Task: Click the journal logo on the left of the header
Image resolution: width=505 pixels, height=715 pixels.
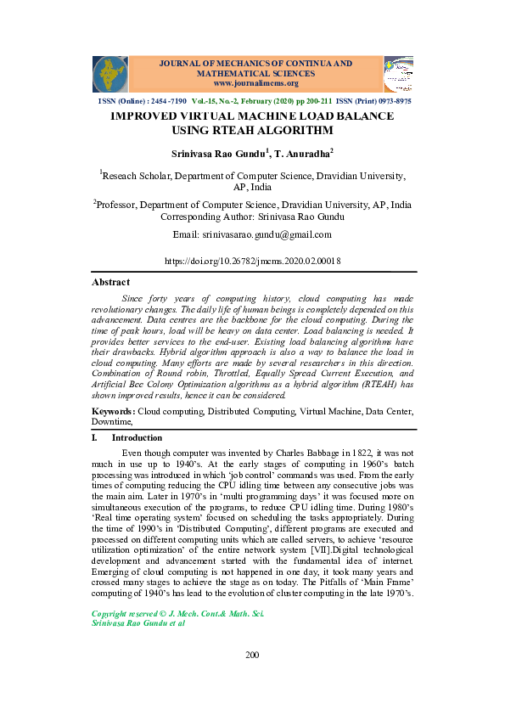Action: [x=110, y=75]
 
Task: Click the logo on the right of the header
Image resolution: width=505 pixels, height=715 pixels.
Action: [x=398, y=75]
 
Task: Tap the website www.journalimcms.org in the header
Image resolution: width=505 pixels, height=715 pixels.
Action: [x=255, y=83]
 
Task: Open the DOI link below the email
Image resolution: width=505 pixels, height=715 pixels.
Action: [x=252, y=262]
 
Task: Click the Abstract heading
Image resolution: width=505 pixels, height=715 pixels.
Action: [x=110, y=282]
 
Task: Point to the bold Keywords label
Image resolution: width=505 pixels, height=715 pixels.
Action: [x=114, y=411]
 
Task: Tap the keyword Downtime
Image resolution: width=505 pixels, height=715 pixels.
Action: [x=111, y=421]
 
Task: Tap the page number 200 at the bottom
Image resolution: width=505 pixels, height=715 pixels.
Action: [x=252, y=654]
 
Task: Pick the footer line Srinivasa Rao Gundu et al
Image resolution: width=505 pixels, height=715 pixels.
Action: [x=137, y=622]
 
